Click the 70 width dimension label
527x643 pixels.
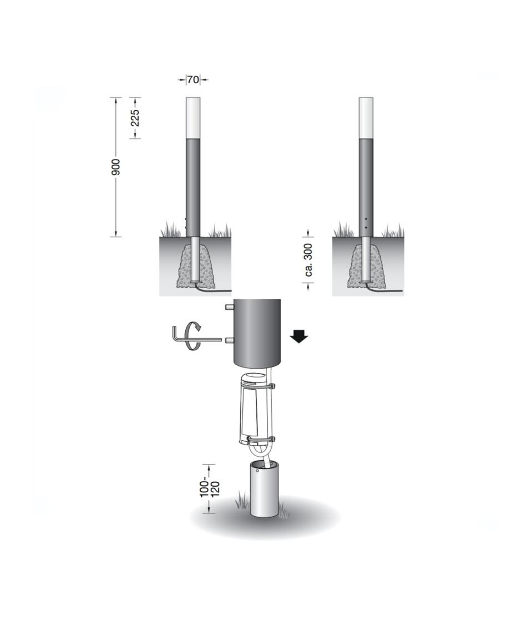(193, 80)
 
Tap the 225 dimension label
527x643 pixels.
(136, 118)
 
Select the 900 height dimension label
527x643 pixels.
(116, 167)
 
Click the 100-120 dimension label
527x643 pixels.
(210, 489)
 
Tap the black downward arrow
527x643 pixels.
(299, 338)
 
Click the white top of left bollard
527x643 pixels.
(193, 118)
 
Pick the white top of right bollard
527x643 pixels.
(366, 118)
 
